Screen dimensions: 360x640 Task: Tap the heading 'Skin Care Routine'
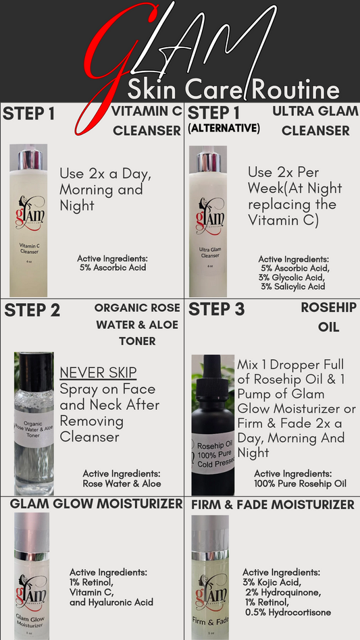pos(233,89)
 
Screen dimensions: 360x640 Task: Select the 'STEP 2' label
pos(32,311)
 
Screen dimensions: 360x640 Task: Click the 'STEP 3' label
pos(216,309)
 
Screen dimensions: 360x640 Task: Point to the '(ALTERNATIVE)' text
pos(224,128)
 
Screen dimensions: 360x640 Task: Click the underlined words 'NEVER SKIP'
pos(98,372)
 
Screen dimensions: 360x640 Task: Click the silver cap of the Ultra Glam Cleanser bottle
pos(209,161)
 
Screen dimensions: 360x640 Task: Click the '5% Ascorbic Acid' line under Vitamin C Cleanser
pos(113,268)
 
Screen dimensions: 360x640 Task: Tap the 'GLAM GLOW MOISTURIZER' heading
pos(96,504)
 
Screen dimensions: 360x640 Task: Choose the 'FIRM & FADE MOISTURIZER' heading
pos(273,505)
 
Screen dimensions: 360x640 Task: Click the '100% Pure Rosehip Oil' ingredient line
pos(301,483)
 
